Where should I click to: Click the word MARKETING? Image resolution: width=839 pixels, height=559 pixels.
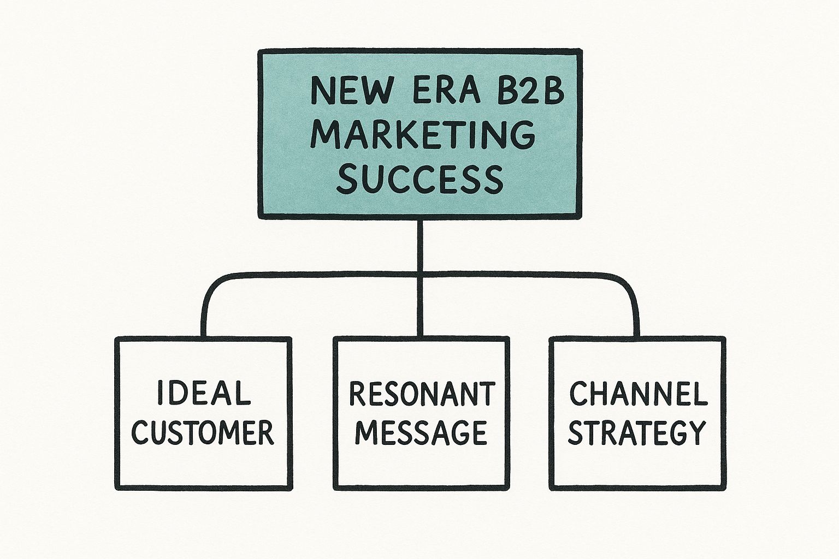pos(423,134)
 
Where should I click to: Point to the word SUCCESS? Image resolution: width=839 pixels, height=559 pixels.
pos(419,179)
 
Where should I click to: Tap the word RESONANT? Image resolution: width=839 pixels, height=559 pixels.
pos(422,394)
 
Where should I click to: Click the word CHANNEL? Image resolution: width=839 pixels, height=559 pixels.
pos(638,394)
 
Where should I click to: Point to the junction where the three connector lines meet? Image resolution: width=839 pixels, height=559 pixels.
pos(421,272)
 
